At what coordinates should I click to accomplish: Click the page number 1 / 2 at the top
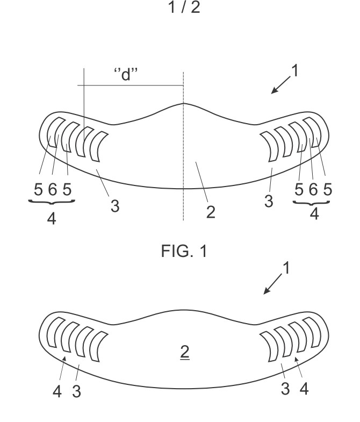tap(184, 7)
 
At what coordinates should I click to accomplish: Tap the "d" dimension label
tap(126, 74)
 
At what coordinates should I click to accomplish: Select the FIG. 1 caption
tap(184, 251)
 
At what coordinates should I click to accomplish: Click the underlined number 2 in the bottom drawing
tap(185, 352)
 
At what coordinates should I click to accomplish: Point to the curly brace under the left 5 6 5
tap(52, 201)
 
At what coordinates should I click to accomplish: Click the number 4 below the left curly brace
tap(52, 219)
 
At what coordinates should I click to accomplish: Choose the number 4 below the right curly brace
tap(314, 214)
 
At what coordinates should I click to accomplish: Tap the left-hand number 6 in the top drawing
tap(53, 189)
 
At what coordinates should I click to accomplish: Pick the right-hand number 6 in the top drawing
tap(313, 189)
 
